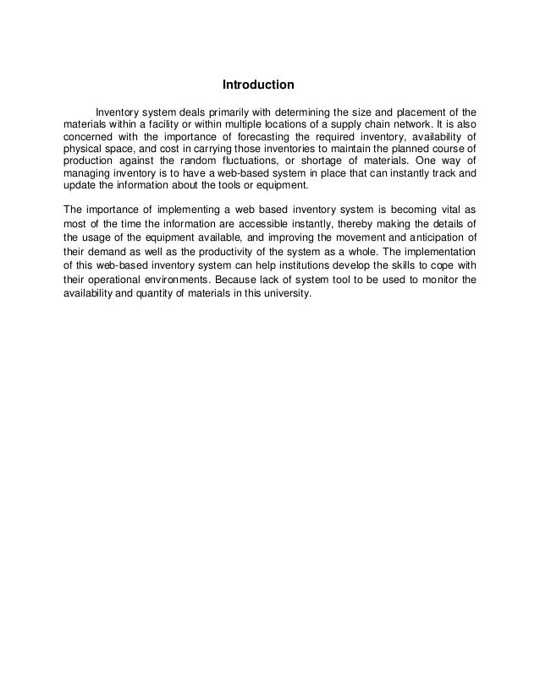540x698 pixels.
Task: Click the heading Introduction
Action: pyautogui.click(x=257, y=85)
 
